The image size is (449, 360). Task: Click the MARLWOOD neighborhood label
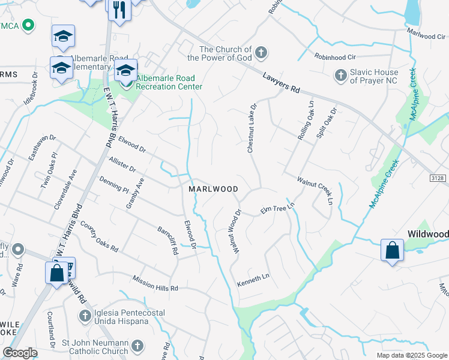[213, 188]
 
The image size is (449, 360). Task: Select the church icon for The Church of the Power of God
[261, 53]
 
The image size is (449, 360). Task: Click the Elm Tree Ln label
[278, 208]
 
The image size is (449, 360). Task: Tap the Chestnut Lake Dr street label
[252, 127]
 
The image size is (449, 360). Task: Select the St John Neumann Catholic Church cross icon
[137, 346]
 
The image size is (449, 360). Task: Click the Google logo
[20, 353]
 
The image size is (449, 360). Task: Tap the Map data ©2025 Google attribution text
[411, 355]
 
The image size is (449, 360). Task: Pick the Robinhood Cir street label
[335, 56]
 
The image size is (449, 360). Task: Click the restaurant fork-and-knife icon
[119, 9]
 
